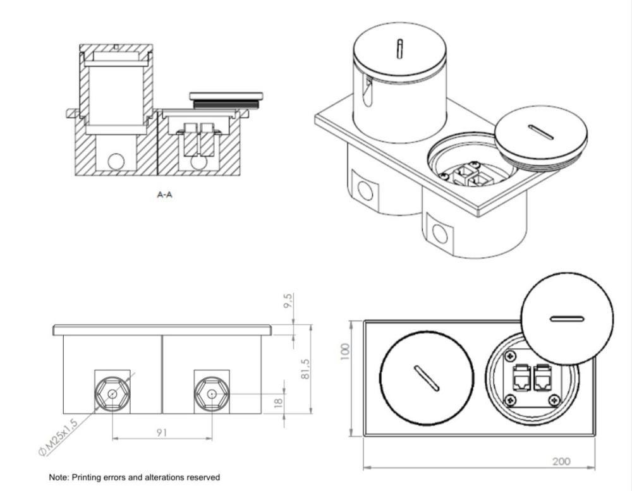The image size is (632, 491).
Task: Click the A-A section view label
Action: (164, 195)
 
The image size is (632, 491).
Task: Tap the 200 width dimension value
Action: (561, 461)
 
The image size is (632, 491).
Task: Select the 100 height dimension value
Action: (345, 352)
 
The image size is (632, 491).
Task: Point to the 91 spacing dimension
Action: (161, 432)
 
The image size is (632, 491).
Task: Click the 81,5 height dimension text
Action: (305, 369)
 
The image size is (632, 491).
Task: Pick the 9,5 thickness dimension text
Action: (289, 301)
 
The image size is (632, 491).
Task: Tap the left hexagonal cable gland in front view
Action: (112, 394)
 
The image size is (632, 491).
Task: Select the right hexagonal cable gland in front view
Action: (211, 394)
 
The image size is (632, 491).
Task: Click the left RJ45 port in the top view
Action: (522, 377)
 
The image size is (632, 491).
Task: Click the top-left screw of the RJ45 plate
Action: (511, 356)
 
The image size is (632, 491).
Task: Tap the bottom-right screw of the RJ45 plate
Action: (555, 400)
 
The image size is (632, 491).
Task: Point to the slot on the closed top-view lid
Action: (427, 379)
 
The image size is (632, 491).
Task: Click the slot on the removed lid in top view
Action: (567, 319)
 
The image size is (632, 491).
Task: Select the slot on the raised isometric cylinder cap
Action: (399, 49)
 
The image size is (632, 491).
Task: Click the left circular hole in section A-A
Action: (116, 161)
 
